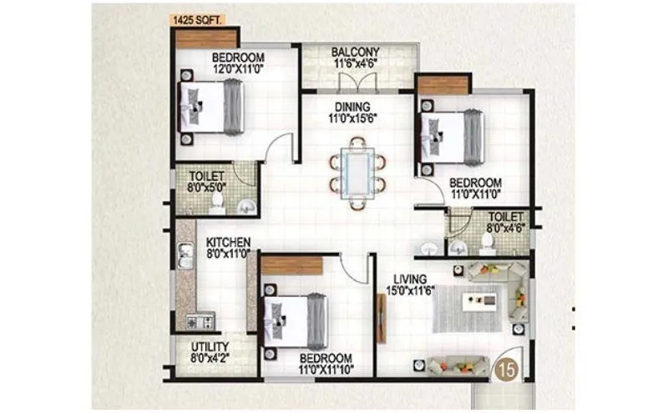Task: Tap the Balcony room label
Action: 357,50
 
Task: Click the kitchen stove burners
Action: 201,320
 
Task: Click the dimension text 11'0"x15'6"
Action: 357,118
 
